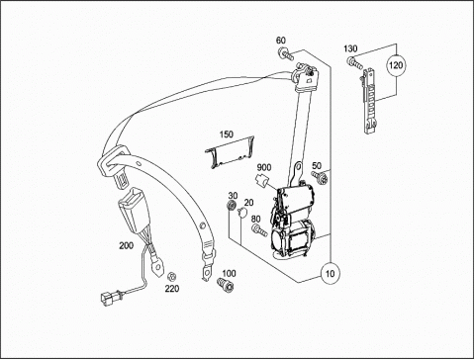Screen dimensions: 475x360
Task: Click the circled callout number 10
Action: tap(331, 273)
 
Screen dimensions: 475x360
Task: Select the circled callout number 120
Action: tap(396, 64)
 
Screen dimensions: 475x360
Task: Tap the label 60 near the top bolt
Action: tap(281, 41)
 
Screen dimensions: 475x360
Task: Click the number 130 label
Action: tap(350, 48)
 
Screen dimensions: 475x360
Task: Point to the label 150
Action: tap(227, 135)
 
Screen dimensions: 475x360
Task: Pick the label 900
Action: tap(264, 167)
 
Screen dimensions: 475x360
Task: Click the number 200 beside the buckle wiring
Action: tap(127, 245)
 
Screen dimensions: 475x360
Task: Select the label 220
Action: tap(172, 289)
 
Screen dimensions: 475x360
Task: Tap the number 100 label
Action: tap(229, 273)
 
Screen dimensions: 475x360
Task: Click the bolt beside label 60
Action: tap(286, 54)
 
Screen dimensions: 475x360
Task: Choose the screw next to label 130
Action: tap(354, 62)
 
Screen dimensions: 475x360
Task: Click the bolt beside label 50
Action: tap(321, 177)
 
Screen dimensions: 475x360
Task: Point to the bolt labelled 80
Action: tap(259, 230)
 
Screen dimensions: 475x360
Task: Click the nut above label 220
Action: tap(171, 276)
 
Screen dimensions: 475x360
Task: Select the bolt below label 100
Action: tap(226, 284)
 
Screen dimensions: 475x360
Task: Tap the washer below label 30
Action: tap(232, 205)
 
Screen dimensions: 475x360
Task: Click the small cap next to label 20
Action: tap(242, 213)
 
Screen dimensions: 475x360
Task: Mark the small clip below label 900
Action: tap(262, 181)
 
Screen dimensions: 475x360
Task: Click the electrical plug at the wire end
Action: tap(109, 298)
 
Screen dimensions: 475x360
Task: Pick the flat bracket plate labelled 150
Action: tap(230, 152)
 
